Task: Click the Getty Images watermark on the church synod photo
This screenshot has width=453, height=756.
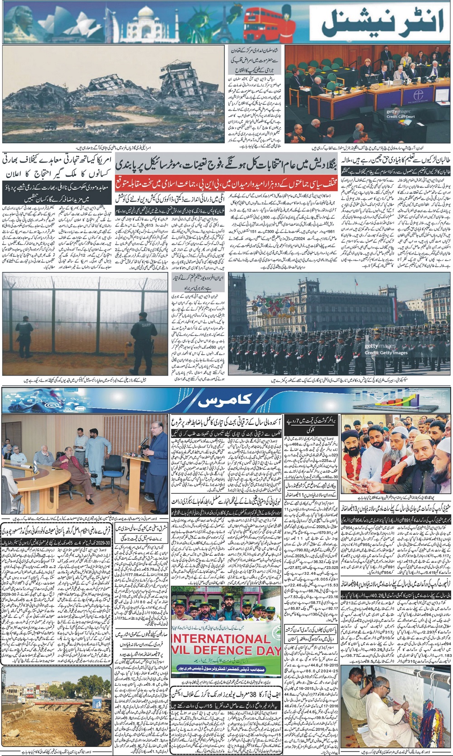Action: pyautogui.click(x=398, y=111)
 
